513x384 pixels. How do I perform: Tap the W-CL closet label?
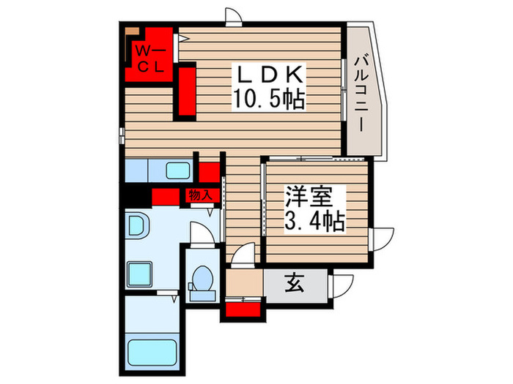tap(151, 59)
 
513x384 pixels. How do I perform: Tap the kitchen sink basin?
tap(178, 173)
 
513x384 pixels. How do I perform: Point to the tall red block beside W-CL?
tap(186, 91)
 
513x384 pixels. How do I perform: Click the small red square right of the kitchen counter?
tap(210, 173)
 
